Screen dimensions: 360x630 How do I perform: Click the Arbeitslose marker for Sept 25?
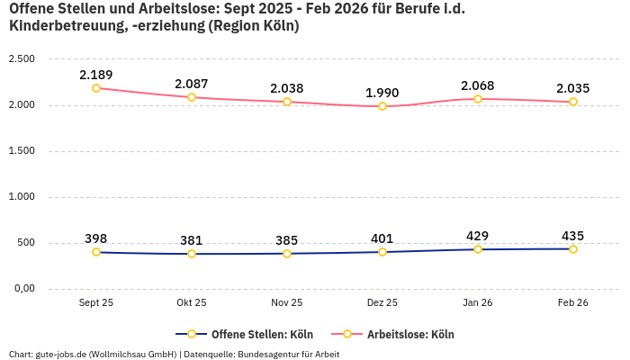click(x=96, y=88)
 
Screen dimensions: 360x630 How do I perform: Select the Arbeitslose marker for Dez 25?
click(x=382, y=106)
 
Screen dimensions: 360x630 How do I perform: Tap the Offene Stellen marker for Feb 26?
click(x=573, y=249)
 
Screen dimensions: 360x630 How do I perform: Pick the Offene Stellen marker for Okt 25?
click(x=192, y=254)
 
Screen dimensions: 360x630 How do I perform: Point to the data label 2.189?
click(x=96, y=75)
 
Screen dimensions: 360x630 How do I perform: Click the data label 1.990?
click(x=382, y=93)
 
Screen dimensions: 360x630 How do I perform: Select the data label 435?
click(x=573, y=236)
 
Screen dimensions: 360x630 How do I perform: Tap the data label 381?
click(x=192, y=240)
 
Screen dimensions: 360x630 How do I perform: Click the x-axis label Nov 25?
click(x=287, y=303)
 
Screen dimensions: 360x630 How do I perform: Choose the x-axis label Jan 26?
click(x=478, y=303)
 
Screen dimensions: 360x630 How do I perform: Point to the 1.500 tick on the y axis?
click(x=21, y=151)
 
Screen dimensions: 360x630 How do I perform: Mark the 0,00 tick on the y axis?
click(x=22, y=289)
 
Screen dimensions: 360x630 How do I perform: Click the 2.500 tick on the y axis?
click(x=21, y=59)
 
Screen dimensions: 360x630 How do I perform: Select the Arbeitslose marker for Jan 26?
click(x=478, y=99)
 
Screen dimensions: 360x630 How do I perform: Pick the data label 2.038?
click(x=287, y=88)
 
